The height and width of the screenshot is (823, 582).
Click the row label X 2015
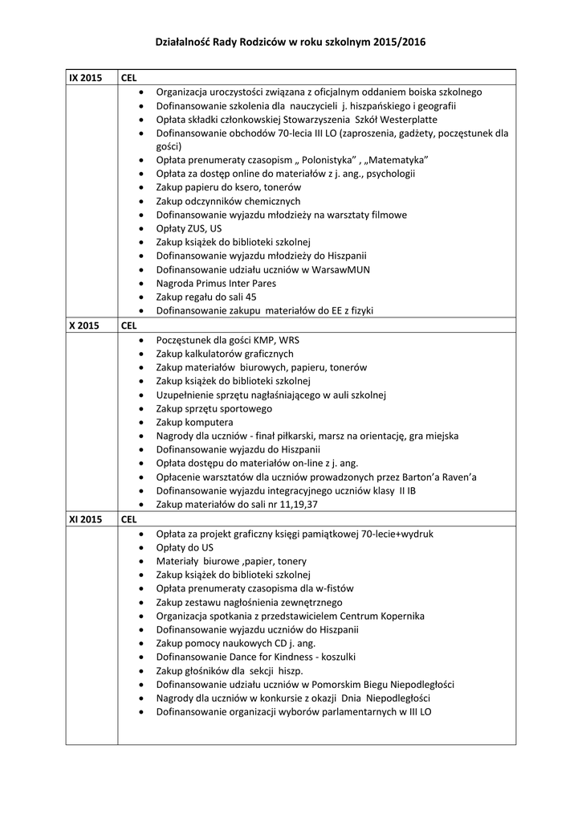pos(83,326)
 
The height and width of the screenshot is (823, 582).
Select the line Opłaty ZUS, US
pos(189,228)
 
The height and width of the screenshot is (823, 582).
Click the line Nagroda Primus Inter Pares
pos(216,283)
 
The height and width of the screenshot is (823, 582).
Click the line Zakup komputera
pos(194,422)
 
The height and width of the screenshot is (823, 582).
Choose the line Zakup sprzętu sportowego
pos(214,408)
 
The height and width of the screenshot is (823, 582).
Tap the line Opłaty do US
pos(185,547)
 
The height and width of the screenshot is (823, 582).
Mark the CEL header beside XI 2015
pos(129,519)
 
